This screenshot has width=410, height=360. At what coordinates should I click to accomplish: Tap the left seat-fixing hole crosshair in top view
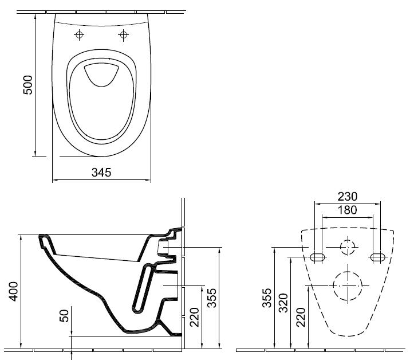tap(80, 36)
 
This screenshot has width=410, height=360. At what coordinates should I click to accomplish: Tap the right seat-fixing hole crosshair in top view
tap(123, 36)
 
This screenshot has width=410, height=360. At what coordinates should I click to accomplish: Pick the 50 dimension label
tap(64, 315)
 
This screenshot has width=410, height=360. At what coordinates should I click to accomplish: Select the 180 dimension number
tap(346, 210)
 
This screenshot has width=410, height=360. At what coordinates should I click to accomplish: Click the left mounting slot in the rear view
tap(317, 256)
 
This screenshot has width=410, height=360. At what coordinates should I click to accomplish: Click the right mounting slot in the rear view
tap(377, 256)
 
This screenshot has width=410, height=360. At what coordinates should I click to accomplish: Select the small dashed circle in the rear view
tap(347, 247)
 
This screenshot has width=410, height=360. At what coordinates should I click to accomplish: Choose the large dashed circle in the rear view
tap(348, 285)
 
